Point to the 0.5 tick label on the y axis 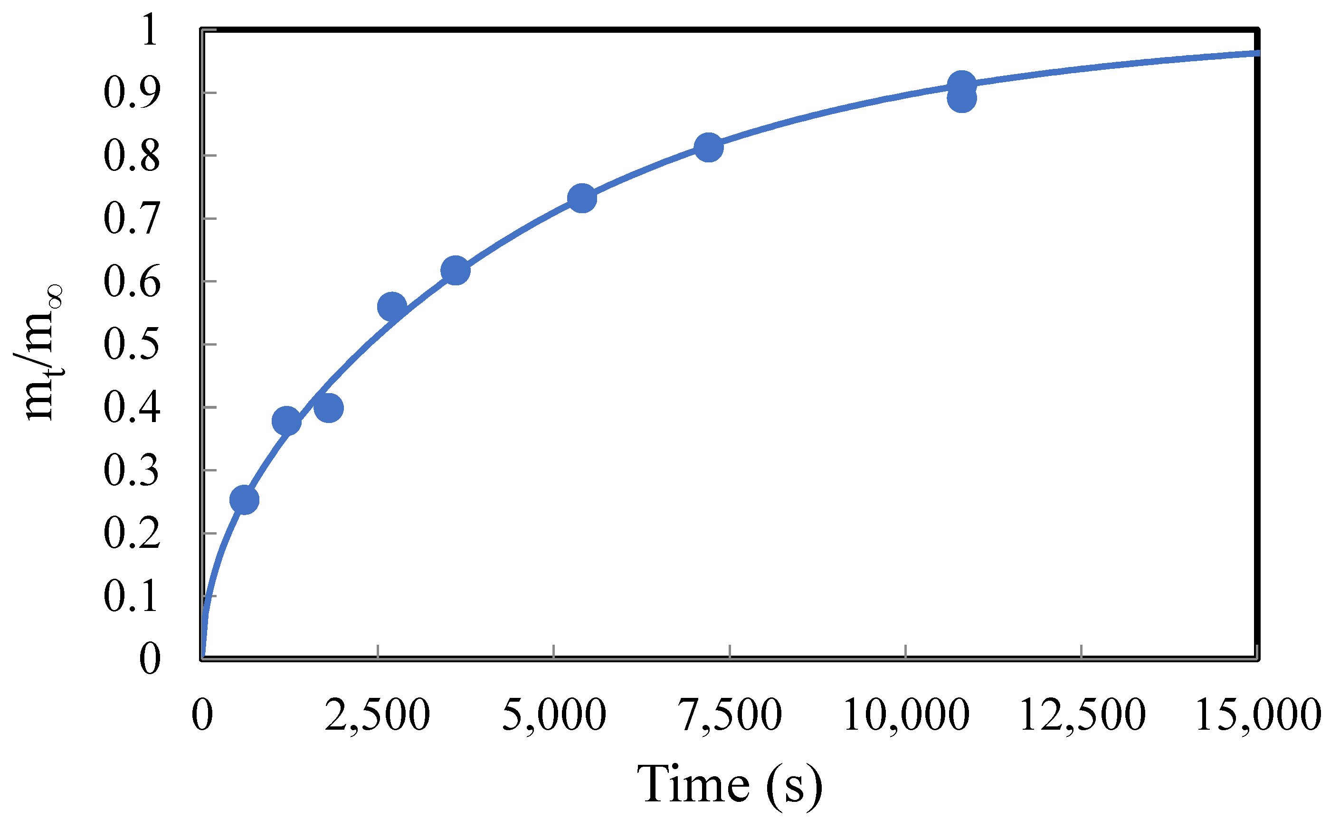coord(132,345)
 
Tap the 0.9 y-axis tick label coord(132,93)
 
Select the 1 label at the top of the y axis coord(149,30)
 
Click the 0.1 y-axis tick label coord(132,596)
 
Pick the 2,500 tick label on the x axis coord(377,715)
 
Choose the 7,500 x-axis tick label coord(729,715)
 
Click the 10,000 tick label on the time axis coord(906,715)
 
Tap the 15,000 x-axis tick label coord(1257,715)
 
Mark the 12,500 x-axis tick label coord(1082,715)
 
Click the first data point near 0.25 coord(244,499)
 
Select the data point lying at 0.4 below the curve coord(329,408)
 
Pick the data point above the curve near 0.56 coord(392,307)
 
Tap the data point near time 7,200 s coord(709,147)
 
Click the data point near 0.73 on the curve coord(582,198)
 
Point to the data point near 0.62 coord(455,270)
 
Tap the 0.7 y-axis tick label coord(132,218)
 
